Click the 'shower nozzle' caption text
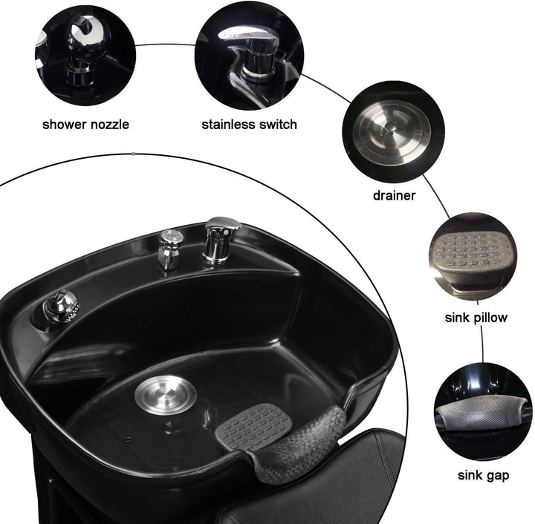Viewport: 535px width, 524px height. pos(85,124)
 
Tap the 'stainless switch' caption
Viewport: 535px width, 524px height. pos(249,124)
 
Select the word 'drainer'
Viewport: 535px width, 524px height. pos(394,196)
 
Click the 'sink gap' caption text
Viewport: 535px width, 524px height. pos(482,475)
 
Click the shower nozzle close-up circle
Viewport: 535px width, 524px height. pos(85,52)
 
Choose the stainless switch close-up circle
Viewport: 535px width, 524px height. pos(248,52)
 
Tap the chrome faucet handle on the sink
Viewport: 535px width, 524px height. pos(220,238)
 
